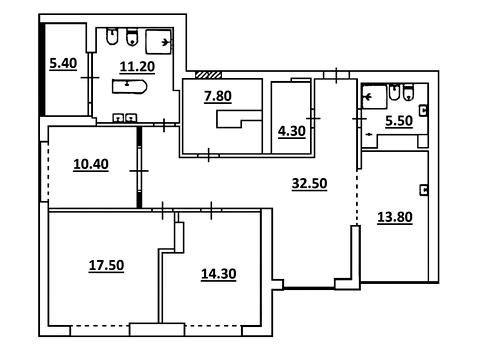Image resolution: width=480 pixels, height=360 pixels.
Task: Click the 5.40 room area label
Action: [63, 63]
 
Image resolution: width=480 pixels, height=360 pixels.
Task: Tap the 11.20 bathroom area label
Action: [137, 67]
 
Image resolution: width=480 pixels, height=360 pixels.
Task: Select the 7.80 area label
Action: [218, 96]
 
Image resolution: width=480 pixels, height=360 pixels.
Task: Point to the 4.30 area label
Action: [292, 131]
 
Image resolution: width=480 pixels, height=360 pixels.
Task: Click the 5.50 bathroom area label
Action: [399, 121]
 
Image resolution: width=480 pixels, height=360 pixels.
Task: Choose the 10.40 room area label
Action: [91, 164]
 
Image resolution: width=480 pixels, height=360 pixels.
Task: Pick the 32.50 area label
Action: [309, 184]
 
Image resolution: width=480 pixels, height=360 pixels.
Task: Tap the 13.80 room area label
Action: [395, 217]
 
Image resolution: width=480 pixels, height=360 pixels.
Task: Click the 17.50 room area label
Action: [106, 266]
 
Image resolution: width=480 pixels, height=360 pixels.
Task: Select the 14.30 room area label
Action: [219, 274]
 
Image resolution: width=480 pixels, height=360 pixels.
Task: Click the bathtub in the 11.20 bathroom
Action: [129, 87]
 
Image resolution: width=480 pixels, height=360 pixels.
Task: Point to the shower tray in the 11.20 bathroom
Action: [159, 42]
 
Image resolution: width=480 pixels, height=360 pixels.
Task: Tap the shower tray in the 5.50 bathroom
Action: [374, 97]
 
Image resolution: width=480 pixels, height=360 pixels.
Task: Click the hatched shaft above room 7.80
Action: [208, 75]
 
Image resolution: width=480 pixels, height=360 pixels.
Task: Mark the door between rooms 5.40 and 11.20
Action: [90, 77]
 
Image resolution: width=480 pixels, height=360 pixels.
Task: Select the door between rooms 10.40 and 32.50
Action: [139, 171]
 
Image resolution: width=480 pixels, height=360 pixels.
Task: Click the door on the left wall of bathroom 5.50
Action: [359, 119]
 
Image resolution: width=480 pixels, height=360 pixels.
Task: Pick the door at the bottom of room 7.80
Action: [209, 155]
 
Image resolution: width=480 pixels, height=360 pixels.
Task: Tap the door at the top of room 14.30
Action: [211, 210]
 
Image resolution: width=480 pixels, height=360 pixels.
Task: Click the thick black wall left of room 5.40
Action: [42, 69]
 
